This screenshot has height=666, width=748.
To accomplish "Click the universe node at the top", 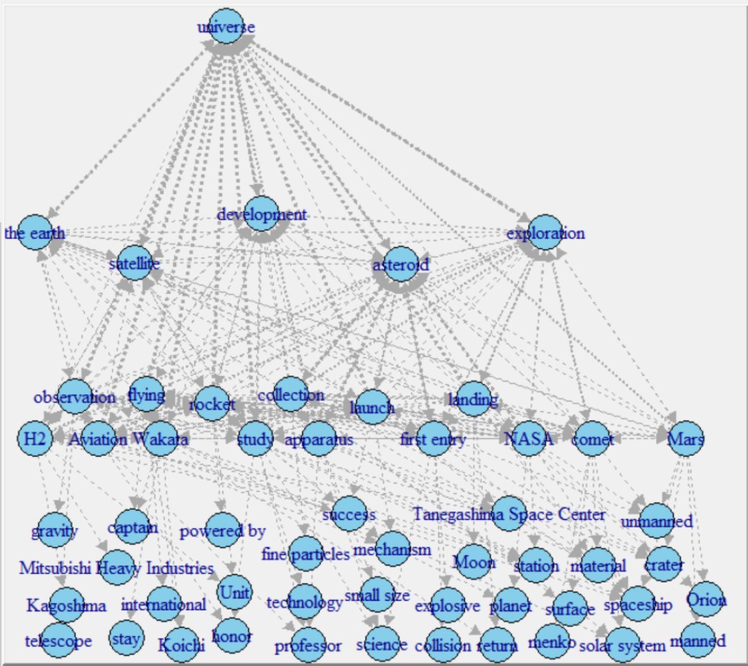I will (226, 27).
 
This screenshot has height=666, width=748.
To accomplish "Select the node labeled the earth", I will (34, 232).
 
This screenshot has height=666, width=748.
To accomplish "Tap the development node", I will (261, 214).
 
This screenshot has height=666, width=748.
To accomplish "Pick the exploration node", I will (544, 232).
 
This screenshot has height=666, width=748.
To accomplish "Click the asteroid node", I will (400, 264).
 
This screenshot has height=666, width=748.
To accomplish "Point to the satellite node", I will (134, 264).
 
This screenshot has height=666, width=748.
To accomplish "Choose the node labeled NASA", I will (529, 439).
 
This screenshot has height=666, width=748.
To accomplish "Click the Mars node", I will (685, 439).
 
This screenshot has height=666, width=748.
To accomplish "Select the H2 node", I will (35, 439).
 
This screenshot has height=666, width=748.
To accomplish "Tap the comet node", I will (593, 439).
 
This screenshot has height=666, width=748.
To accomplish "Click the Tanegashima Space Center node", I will (509, 514).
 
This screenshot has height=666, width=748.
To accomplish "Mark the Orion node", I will (706, 599).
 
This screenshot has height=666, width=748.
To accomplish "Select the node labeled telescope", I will (59, 640).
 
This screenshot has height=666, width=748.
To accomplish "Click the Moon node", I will (474, 562).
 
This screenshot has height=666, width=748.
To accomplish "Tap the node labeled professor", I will (307, 645).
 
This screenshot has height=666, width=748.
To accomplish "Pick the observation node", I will (74, 397).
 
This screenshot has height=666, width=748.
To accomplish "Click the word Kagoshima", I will (66, 605).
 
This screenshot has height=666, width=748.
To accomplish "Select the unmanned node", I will (657, 521).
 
